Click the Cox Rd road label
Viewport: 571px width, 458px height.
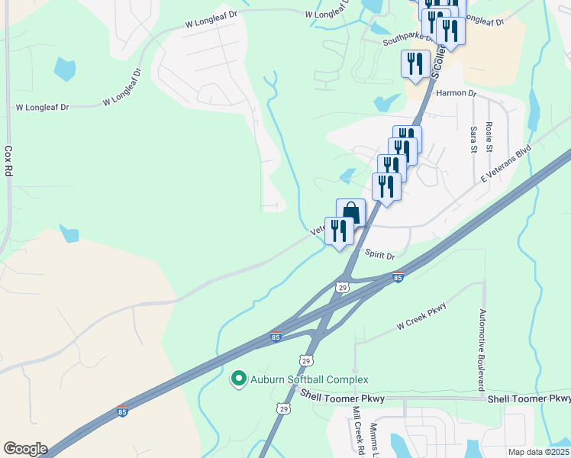click(9, 163)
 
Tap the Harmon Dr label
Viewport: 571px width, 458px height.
click(456, 93)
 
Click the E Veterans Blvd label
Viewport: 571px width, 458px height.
click(505, 166)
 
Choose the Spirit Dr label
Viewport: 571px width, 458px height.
click(379, 256)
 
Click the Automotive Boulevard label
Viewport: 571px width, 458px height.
click(482, 346)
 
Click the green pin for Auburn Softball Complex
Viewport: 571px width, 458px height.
click(238, 378)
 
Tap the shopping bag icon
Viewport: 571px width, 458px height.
click(350, 212)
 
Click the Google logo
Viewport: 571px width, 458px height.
click(25, 449)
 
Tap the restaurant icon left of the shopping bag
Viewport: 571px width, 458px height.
click(339, 231)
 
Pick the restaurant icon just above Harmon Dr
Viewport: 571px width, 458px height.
click(415, 63)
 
